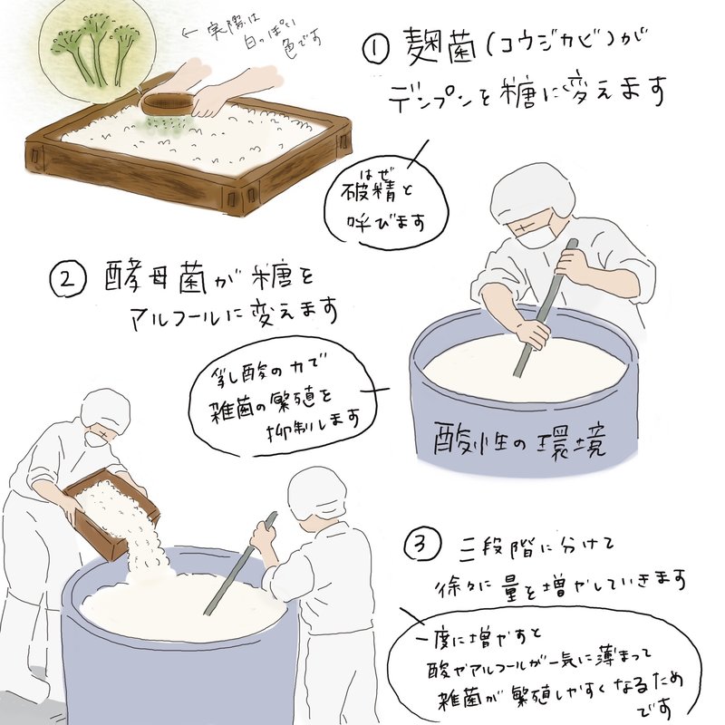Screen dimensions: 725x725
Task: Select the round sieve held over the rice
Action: point(168,105)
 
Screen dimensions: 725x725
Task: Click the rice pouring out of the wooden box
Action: point(146,553)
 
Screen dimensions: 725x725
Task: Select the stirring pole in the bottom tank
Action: point(240,562)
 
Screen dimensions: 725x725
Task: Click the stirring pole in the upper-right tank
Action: point(546,308)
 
